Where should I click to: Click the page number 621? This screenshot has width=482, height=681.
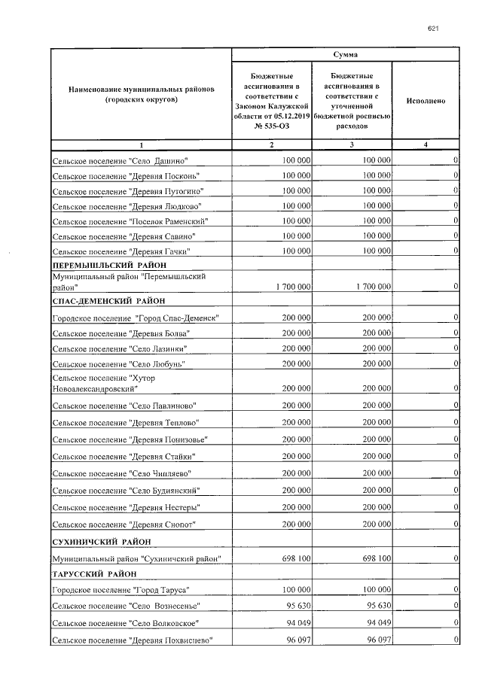433,29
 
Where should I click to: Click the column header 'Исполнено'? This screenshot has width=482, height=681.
426,100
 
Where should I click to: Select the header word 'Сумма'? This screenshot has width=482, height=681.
346,55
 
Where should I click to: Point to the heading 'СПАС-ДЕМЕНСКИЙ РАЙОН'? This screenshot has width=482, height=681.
108,301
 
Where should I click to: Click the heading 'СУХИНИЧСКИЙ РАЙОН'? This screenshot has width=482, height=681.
101,541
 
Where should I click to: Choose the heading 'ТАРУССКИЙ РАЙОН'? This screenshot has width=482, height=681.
94,574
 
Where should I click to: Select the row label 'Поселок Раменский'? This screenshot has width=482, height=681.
129,222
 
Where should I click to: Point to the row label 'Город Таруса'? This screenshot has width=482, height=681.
120,590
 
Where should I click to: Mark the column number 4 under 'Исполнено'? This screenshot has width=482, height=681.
426,145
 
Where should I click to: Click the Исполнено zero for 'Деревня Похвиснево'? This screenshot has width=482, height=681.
456,640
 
